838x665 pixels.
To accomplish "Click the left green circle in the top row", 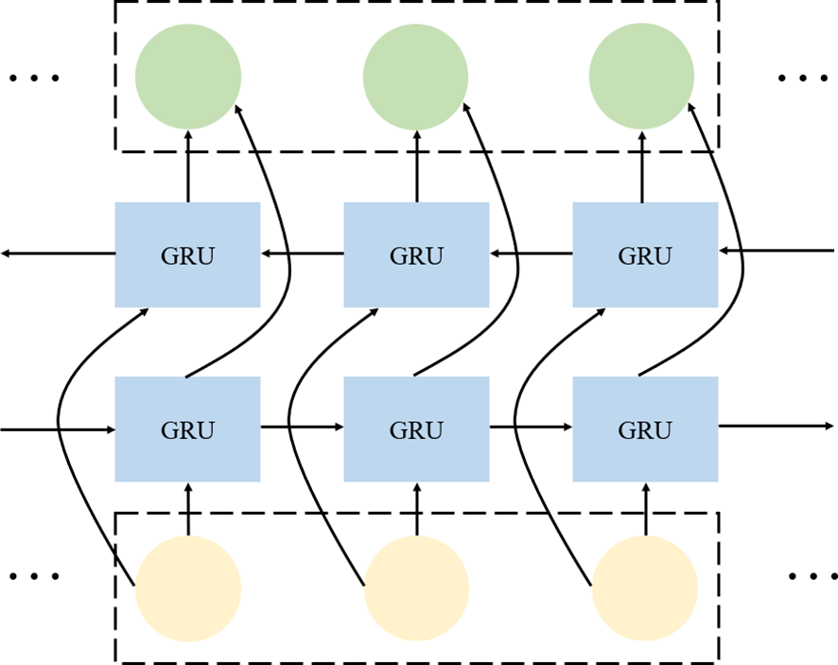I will pos(188,75).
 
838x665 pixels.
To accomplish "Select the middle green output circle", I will pos(416,75).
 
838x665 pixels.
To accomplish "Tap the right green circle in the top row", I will pos(641,75).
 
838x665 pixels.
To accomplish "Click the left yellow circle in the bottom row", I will pos(188,588).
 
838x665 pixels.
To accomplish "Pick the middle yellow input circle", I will pos(416,588).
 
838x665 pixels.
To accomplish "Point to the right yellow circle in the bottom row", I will pos(645,588).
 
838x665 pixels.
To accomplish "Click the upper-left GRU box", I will pos(187,254).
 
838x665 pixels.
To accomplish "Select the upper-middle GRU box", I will pos(416,254).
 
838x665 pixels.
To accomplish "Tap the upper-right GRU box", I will pos(645,254).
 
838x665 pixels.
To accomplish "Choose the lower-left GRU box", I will pos(187,429).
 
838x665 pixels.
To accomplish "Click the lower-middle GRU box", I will pos(416,429).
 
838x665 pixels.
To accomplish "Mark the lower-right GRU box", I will pos(645,429).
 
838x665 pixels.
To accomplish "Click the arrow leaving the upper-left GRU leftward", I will pos(57,254).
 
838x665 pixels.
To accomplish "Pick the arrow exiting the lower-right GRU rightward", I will pos(776,426).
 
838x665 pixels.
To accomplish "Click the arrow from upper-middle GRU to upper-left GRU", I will pos(302,254).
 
